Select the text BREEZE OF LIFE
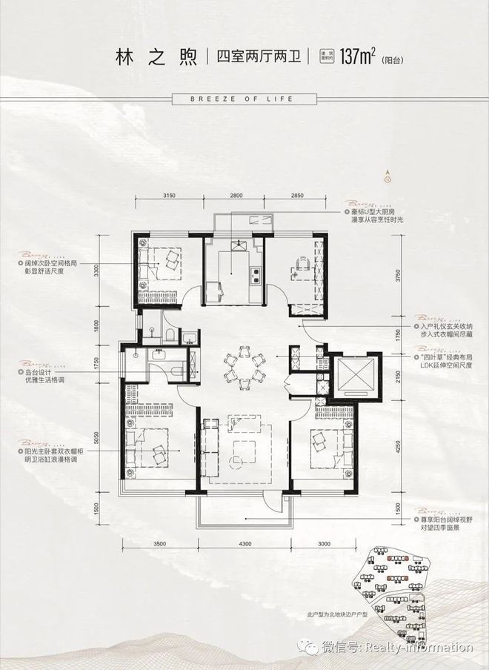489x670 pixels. pos(245,99)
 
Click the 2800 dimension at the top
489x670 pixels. pos(236,195)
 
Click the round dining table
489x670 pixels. pos(244,367)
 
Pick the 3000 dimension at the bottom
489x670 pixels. pos(326,545)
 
